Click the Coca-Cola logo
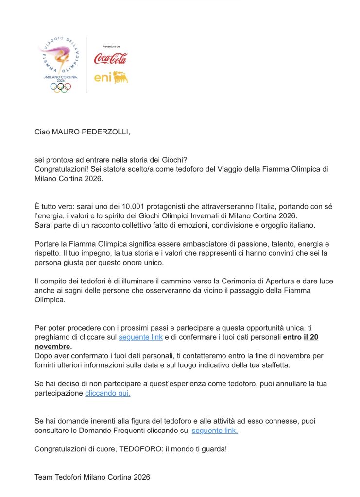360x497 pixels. pos(110,58)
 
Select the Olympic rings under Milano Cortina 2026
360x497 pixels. pos(61,87)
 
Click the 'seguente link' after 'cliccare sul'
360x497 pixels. pos(141,337)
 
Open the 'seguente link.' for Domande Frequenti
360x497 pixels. pos(215,431)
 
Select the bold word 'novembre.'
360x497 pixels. pos(53,346)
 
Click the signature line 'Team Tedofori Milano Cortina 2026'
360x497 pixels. pos(92,477)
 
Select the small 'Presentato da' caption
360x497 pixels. pos(111,47)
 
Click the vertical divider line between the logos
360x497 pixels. pos(86,65)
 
